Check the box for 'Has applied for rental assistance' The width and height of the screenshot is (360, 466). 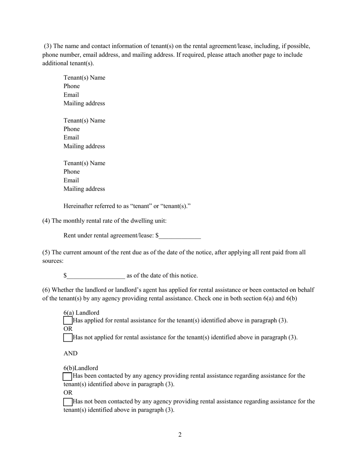pos(67,321)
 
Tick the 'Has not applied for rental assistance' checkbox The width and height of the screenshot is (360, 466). pos(67,337)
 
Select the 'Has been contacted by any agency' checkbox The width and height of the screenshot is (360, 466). pos(67,376)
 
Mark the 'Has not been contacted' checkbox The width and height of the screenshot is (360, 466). pos(67,402)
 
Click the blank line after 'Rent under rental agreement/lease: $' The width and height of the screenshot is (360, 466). pos(180,236)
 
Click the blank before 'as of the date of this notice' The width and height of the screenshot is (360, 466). pos(96,276)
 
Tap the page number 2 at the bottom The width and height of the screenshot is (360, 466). pos(180,435)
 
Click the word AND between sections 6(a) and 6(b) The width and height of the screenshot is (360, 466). pos(70,353)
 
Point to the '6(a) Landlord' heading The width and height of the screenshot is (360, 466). pos(81,313)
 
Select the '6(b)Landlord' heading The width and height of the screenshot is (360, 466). pos(81,368)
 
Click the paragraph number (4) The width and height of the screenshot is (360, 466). pos(46,221)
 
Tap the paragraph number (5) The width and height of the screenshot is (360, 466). pos(46,252)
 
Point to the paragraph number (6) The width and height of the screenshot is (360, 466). pos(46,290)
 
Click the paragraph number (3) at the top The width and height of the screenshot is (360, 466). pos(48,46)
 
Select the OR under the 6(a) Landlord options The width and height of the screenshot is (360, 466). pos(68,329)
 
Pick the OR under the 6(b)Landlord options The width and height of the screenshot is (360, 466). pos(68,393)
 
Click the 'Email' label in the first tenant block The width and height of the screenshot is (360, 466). pos(71,95)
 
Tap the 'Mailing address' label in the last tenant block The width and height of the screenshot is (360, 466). pos(84,189)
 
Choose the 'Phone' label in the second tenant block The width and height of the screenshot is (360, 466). pos(72,129)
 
